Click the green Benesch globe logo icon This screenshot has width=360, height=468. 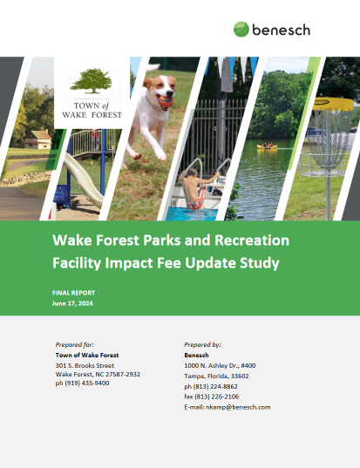coord(241,30)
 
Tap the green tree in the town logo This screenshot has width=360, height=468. coord(91,80)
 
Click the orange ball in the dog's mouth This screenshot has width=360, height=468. coord(166,102)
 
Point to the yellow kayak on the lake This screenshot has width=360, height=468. coord(267,146)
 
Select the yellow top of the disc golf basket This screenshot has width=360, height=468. coord(333,104)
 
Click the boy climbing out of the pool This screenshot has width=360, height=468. coord(195,188)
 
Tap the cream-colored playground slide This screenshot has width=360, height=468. coord(84,180)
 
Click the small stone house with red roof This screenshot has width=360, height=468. coord(37,139)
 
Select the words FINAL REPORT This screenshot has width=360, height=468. coord(73,293)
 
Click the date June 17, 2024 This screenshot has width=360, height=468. coord(72,303)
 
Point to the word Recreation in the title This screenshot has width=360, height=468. coord(252,240)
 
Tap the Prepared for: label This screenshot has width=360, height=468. coord(75,344)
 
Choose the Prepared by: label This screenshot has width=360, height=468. coord(203,344)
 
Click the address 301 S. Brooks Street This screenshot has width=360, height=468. coord(85,365)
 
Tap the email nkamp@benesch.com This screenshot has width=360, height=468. coord(238,407)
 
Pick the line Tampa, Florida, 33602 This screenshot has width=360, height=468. coord(216,376)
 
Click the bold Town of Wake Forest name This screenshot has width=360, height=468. coord(87,356)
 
